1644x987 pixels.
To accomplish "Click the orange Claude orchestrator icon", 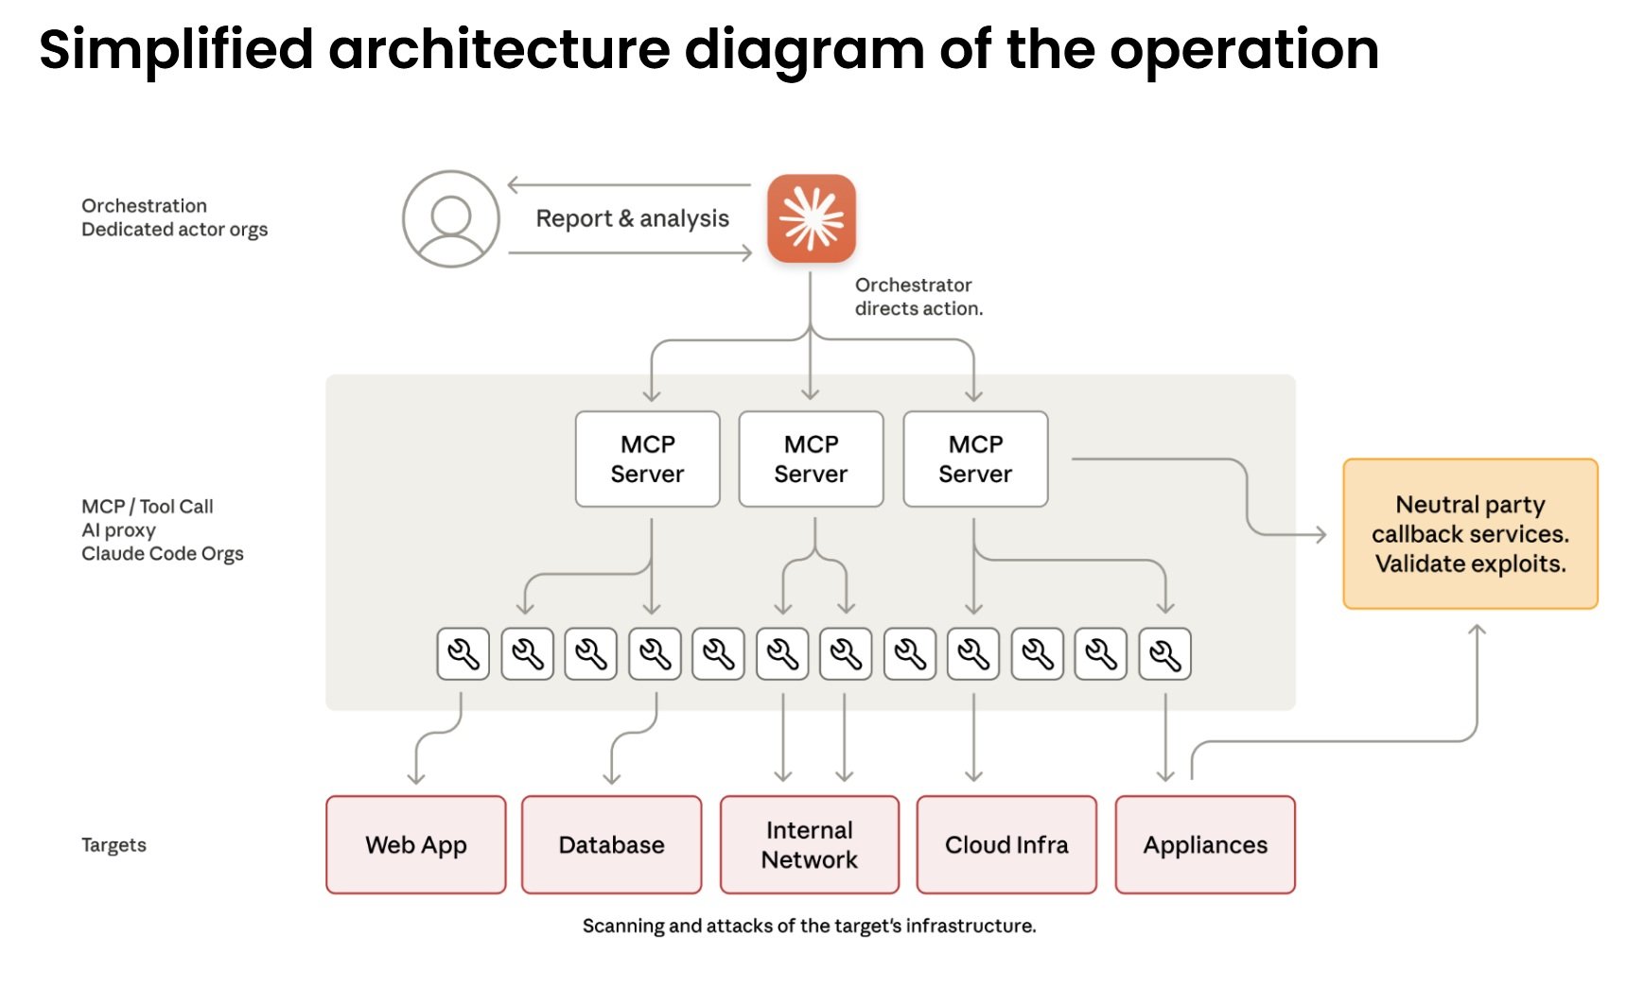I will pos(811,218).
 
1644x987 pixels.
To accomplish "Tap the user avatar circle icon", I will pos(451,218).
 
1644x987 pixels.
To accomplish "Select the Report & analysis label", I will pos(632,218).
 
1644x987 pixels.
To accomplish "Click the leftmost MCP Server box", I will pos(647,459).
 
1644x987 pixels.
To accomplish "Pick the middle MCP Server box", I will pos(811,459).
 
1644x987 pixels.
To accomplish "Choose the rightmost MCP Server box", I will pos(975,459).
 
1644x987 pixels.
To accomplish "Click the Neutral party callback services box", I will pos(1470,534).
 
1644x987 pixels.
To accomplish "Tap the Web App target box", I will pos(416,844).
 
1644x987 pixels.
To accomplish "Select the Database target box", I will pos(611,844).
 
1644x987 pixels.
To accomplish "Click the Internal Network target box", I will pos(809,844).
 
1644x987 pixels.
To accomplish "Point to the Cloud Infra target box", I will pos(1006,844).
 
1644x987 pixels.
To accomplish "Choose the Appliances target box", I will pos(1205,844).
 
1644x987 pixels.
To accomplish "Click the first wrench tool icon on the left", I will pos(463,654).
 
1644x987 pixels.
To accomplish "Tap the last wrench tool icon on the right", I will pos(1164,654).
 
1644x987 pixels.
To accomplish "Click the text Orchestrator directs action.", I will pos(918,297).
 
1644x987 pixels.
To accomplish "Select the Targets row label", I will pos(114,844).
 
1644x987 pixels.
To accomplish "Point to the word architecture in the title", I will pos(498,49).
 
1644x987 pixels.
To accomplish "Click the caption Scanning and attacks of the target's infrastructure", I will pos(809,926).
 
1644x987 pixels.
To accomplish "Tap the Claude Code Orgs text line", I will pos(163,553).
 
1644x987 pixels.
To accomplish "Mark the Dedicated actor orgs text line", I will pos(174,230).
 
